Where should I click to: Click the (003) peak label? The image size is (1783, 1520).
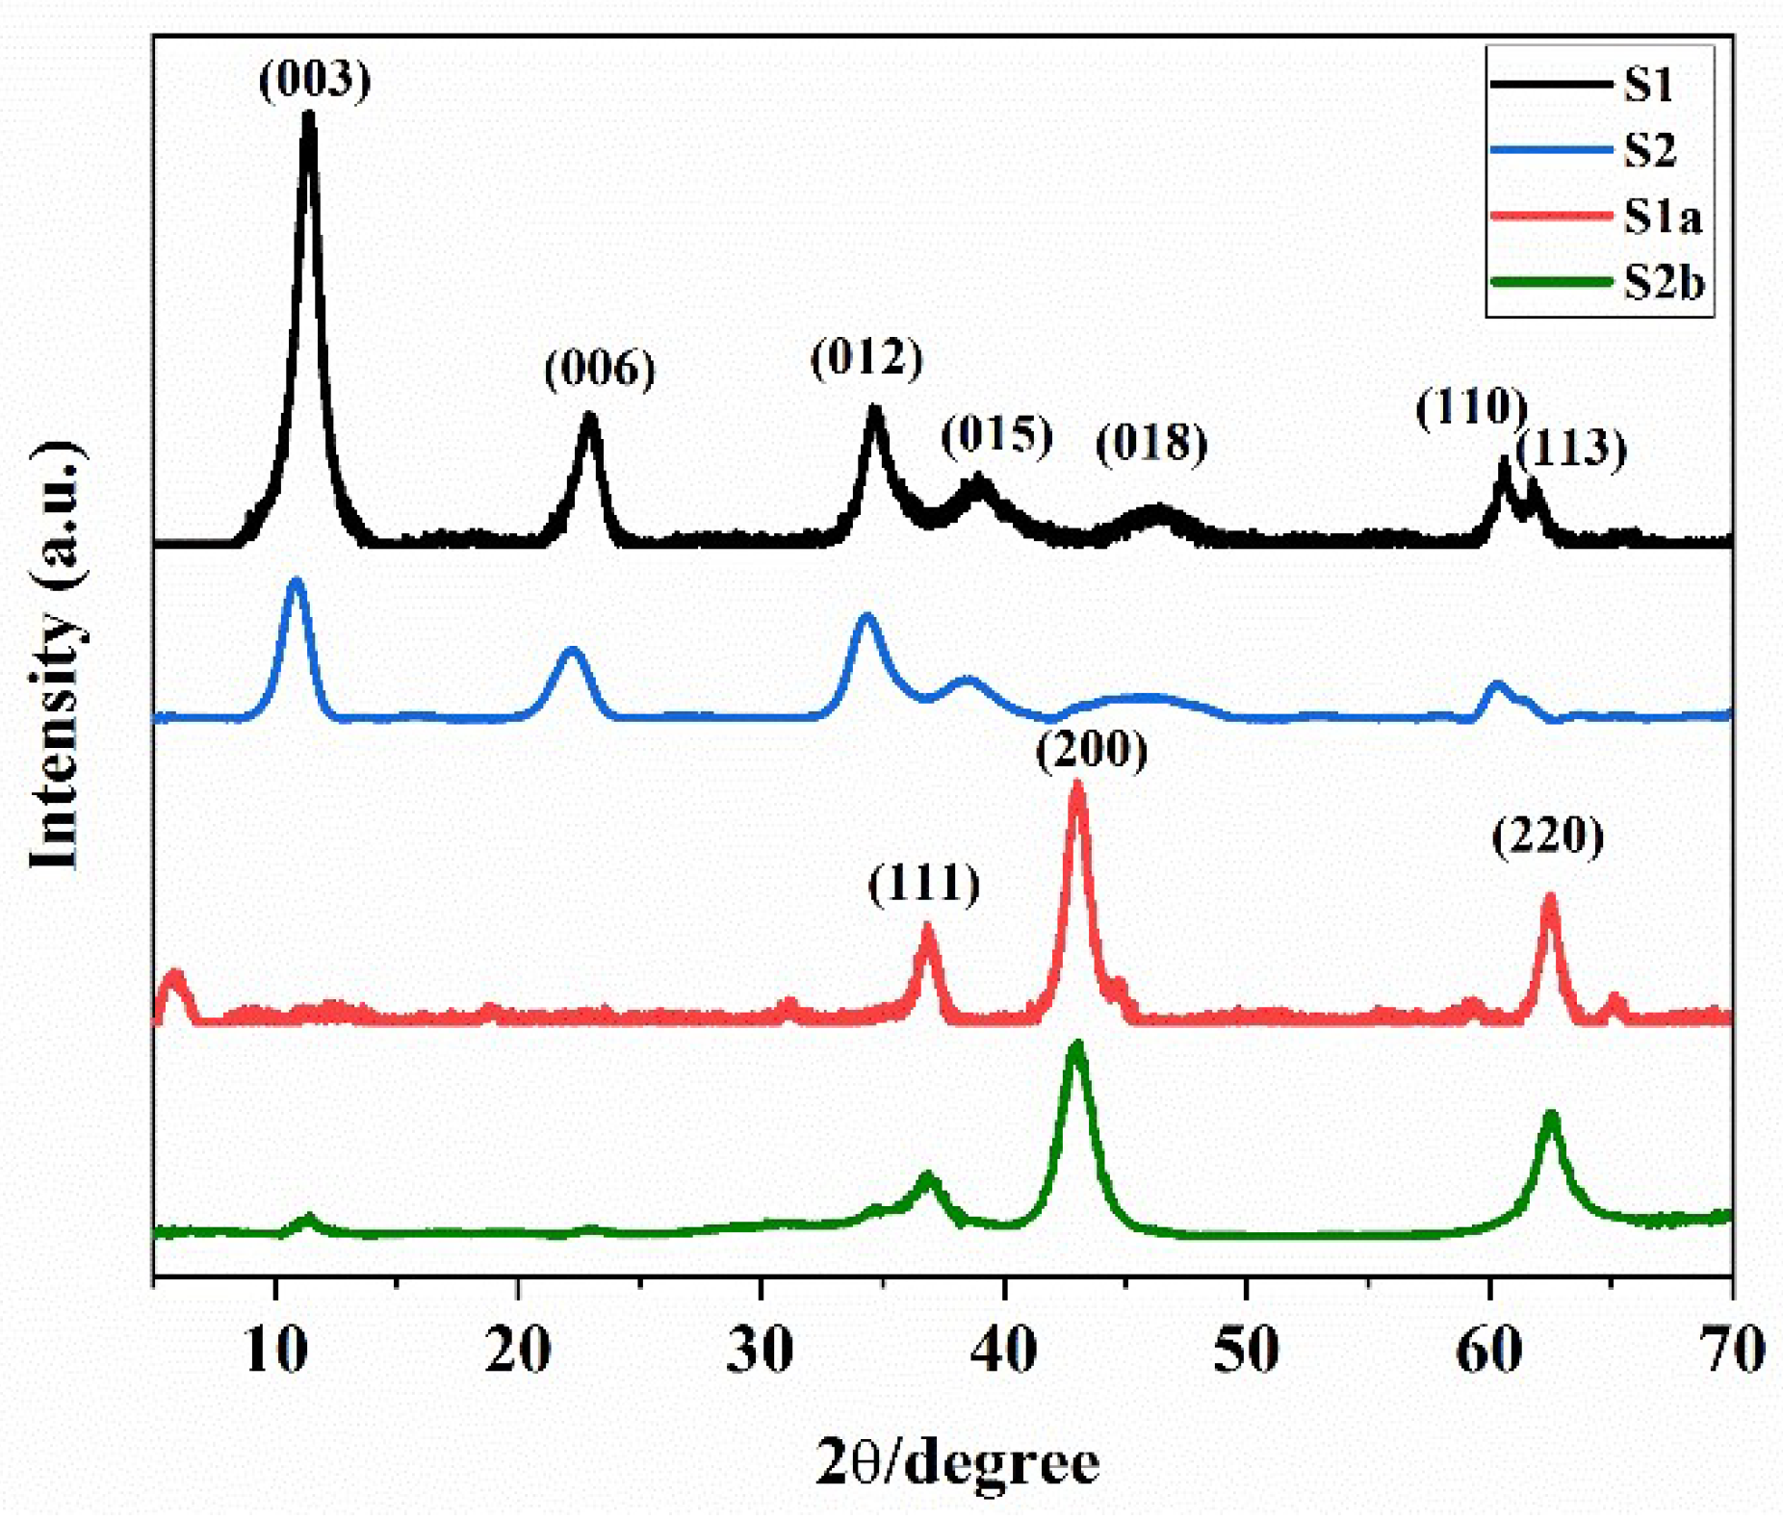[315, 80]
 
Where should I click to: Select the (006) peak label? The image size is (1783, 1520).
[600, 369]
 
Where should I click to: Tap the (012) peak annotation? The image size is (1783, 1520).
[866, 358]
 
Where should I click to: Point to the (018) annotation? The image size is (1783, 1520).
[1151, 443]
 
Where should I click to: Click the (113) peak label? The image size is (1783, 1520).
[1571, 450]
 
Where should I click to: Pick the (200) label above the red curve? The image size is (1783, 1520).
[1092, 750]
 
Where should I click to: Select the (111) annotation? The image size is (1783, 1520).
[924, 884]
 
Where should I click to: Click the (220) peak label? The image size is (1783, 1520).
[1548, 836]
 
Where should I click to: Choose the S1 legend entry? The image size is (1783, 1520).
[1647, 85]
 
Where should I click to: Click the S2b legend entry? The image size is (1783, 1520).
[1664, 283]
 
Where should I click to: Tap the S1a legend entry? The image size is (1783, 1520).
[1662, 217]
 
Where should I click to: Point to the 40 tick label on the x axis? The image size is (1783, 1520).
[1004, 1350]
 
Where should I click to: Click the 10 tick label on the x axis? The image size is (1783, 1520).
[276, 1350]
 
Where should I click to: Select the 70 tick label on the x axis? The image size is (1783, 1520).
[1731, 1350]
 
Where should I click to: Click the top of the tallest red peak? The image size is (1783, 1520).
[1077, 785]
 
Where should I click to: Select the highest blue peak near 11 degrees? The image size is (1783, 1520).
[296, 580]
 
